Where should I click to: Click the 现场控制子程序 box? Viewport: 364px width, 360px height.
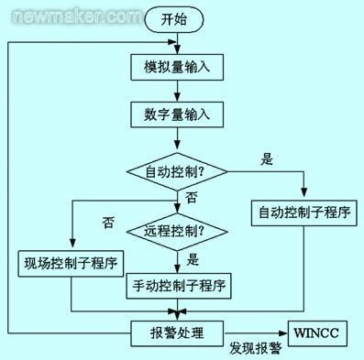coord(71,265)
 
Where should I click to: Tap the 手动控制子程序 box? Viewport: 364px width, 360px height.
coord(177,285)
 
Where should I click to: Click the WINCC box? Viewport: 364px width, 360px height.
coord(319,332)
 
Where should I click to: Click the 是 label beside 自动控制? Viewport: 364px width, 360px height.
coord(268,159)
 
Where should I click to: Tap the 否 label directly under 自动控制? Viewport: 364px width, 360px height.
coord(191,197)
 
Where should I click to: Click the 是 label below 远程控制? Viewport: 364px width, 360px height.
coord(192,258)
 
